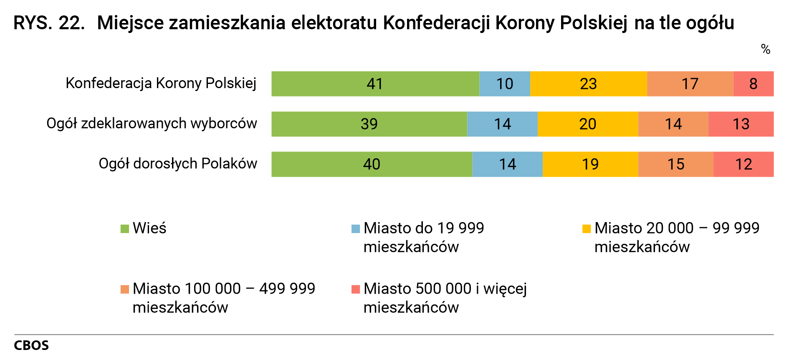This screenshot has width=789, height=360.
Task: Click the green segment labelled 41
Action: (375, 84)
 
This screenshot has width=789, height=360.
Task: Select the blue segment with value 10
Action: (504, 84)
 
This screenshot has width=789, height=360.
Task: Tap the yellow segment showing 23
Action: (588, 84)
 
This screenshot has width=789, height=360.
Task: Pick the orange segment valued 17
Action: (690, 84)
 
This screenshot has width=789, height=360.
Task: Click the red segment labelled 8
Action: (753, 84)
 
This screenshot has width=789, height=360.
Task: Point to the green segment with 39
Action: (369, 124)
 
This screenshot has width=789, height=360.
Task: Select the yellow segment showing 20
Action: (587, 124)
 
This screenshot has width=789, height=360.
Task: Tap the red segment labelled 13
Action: (741, 124)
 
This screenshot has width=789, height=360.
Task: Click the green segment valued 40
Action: (372, 164)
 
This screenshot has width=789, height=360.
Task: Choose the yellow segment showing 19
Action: (590, 164)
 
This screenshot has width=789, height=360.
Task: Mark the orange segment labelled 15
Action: (675, 164)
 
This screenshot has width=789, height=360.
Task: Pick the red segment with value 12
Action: (743, 164)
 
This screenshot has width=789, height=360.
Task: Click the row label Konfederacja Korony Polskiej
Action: (161, 83)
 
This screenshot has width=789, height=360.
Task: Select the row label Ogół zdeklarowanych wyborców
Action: (152, 123)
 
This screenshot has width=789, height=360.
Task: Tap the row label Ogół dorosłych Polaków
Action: (177, 163)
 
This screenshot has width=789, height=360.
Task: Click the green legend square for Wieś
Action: (124, 229)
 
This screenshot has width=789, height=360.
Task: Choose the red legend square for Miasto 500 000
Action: (356, 289)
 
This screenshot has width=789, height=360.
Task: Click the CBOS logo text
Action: (31, 345)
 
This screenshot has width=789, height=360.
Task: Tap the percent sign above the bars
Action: (765, 49)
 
